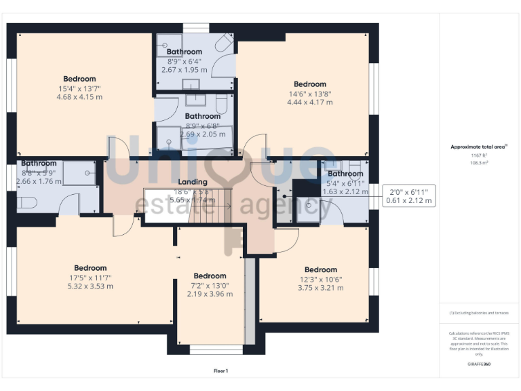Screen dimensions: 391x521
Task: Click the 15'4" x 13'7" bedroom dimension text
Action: coord(80,88)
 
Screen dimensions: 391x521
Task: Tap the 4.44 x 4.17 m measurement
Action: coord(310,103)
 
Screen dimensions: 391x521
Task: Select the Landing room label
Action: coord(193,182)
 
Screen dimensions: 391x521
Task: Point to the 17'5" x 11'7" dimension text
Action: coord(90,277)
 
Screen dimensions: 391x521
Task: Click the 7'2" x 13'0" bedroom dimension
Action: coord(210,285)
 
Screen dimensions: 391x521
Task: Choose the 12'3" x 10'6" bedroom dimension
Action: coord(321,279)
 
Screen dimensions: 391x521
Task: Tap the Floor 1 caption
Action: coord(220,371)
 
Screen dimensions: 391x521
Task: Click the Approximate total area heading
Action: coord(478,147)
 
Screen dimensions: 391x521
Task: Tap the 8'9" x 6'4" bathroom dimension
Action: coord(184,61)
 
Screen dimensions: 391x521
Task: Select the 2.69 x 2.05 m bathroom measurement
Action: coord(203,134)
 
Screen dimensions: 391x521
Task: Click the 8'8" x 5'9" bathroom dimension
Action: coord(38,172)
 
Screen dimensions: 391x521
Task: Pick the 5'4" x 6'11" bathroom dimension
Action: coord(345,183)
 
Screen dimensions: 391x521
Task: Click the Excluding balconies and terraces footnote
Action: coord(478,313)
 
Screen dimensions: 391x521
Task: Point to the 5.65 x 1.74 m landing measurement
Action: coord(193,200)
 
